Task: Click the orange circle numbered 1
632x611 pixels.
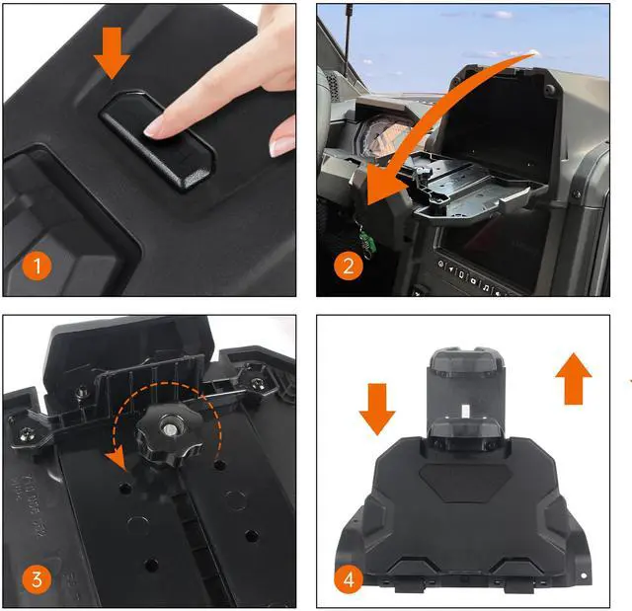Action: (x=37, y=266)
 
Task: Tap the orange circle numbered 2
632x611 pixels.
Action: (x=349, y=266)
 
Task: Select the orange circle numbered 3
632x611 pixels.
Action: (x=37, y=579)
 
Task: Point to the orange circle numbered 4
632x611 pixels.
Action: (x=349, y=579)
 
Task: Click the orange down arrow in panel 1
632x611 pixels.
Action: (x=112, y=52)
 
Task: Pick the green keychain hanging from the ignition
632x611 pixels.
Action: (x=367, y=241)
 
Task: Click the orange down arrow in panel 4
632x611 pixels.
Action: (x=377, y=410)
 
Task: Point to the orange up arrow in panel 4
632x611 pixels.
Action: (x=574, y=379)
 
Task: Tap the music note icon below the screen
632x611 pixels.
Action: (x=486, y=287)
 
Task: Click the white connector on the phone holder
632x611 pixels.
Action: (x=464, y=412)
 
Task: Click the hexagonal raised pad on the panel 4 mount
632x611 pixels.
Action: (x=466, y=482)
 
